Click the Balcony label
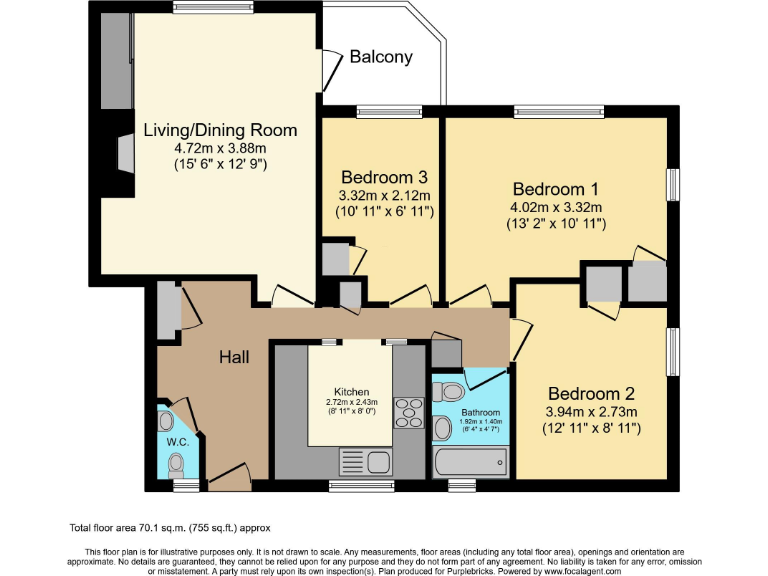(380, 57)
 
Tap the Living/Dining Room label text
(220, 130)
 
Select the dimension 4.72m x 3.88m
(220, 147)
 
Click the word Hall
(234, 357)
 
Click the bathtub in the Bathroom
(470, 462)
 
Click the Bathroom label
(482, 412)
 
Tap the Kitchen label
(352, 391)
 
